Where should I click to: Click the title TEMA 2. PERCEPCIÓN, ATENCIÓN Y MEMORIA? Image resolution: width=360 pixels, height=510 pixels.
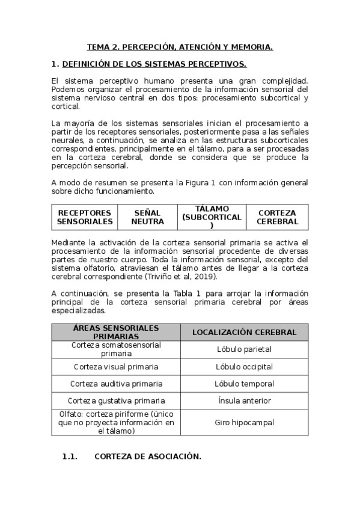(180, 46)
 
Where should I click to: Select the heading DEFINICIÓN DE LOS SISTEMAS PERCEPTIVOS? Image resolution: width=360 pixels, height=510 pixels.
(154, 64)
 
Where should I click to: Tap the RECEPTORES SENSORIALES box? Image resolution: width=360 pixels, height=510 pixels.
(85, 217)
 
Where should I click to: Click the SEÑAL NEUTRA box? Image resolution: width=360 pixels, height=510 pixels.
(148, 217)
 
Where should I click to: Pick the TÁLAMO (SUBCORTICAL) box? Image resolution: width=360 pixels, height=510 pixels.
(212, 217)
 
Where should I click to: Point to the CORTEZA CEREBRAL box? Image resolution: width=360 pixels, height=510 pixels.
(277, 217)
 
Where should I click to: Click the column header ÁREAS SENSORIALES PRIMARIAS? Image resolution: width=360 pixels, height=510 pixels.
(116, 332)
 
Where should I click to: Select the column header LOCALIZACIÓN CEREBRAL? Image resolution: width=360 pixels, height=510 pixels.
(244, 332)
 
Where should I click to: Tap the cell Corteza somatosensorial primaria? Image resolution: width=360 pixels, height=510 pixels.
(116, 349)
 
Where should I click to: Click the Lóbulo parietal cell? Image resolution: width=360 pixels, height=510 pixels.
(244, 349)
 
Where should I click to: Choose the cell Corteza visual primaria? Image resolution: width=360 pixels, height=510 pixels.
(116, 367)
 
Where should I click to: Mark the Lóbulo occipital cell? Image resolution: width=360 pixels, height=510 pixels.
(244, 367)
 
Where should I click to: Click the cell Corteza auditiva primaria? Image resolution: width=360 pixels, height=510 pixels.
(116, 384)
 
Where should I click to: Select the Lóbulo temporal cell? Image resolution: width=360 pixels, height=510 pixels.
(244, 384)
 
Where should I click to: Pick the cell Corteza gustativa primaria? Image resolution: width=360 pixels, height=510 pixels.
(116, 401)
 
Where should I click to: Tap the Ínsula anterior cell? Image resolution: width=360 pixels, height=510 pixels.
(244, 401)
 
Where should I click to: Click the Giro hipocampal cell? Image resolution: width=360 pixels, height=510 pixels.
(244, 422)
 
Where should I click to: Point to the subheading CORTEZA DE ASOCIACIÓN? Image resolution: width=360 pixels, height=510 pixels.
(147, 456)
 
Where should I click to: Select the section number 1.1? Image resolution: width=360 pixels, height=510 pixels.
(70, 456)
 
